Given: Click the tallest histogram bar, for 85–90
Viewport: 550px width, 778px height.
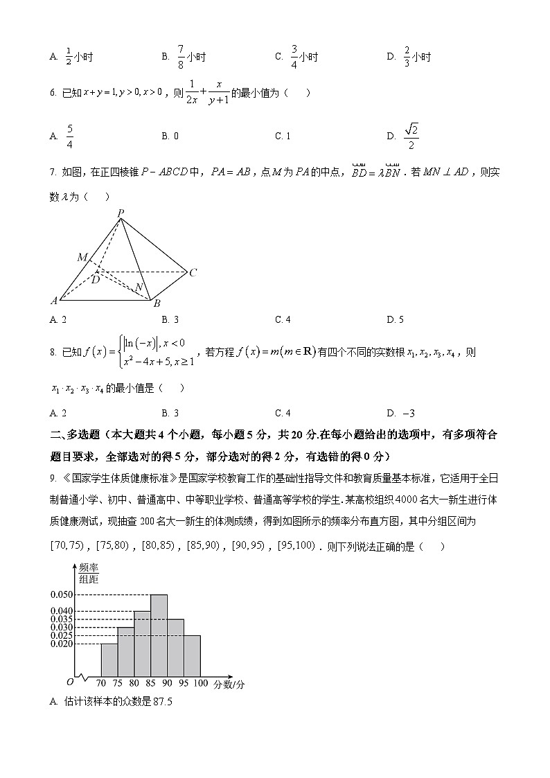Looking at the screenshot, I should click(x=159, y=635).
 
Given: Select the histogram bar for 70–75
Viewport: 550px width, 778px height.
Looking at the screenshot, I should click(x=109, y=660).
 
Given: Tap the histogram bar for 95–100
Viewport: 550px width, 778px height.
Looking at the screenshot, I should click(x=192, y=655).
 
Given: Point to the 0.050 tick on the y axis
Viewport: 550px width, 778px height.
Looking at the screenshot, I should click(x=61, y=594).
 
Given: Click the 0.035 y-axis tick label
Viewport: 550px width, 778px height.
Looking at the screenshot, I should click(x=61, y=619).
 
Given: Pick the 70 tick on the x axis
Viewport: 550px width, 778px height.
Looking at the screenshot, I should click(x=101, y=684).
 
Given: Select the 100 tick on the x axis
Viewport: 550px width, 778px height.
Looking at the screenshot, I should click(x=200, y=684).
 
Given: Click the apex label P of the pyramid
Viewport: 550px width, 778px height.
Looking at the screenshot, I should click(x=121, y=213).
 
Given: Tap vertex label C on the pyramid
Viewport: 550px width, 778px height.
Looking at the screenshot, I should click(x=193, y=273).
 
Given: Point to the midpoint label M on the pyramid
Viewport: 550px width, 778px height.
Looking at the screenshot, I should click(x=82, y=258).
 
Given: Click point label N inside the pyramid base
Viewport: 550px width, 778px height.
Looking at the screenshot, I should click(x=139, y=288).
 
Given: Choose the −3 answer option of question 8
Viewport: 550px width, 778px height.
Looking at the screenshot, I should click(x=409, y=413).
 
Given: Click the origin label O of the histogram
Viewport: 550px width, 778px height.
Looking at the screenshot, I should click(x=69, y=682).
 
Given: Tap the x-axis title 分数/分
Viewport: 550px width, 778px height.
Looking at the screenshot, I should click(x=229, y=684).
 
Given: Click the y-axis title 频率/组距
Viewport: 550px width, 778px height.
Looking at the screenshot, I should click(x=88, y=574).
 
